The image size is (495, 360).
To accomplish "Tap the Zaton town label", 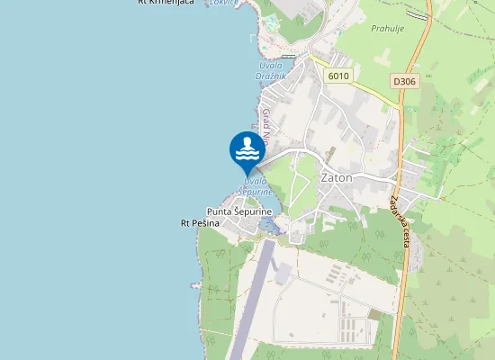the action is pyautogui.click(x=337, y=177).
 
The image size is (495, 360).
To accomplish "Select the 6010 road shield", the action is pyautogui.click(x=338, y=76).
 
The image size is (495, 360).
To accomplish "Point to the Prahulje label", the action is pyautogui.click(x=389, y=28).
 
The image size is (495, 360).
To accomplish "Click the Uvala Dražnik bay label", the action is pyautogui.click(x=271, y=70).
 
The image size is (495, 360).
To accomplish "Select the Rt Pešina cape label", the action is pyautogui.click(x=200, y=222).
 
